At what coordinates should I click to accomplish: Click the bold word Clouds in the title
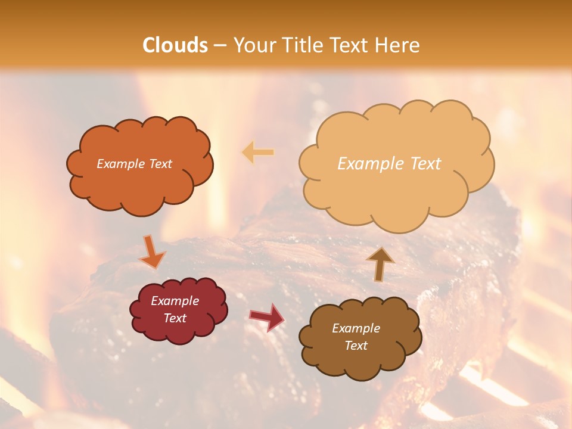pos(175,45)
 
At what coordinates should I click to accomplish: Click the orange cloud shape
pos(139,185)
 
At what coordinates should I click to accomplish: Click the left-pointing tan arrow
pos(258,153)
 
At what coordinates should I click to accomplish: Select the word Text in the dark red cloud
pos(175,318)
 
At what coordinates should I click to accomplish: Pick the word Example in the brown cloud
pos(356,328)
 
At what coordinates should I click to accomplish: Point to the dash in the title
pos(220,45)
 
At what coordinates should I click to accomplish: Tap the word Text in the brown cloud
pos(356,346)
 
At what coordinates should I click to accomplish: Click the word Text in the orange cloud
pos(160,164)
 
